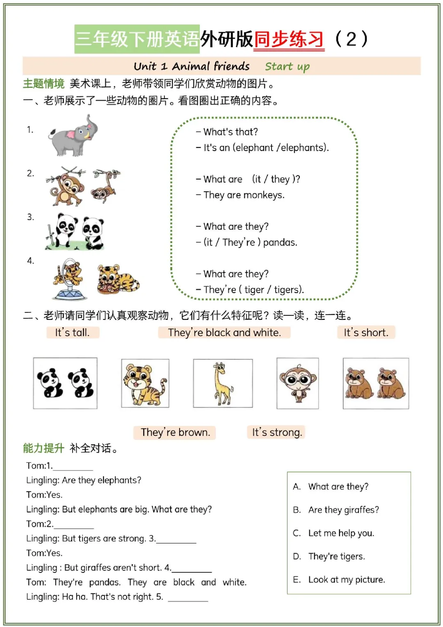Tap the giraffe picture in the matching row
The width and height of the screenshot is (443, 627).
pos(223,384)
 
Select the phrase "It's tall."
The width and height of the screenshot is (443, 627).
pos(72,332)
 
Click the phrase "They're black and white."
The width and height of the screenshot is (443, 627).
pos(224,332)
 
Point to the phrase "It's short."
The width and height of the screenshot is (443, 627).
pos(366,332)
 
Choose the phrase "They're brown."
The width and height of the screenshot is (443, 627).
pos(175,432)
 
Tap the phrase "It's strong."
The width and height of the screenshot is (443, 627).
pos(277,432)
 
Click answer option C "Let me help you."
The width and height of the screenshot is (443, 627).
pos(341,533)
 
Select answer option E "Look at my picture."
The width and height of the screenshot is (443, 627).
pos(347,579)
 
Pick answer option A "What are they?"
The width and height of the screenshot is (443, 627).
pos(338,487)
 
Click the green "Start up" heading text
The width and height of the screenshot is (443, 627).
pos(287,66)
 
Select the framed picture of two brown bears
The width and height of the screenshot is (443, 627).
pos(376,384)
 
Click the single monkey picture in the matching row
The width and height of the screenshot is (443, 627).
pos(297,384)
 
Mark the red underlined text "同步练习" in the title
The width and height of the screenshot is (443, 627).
pos(289,39)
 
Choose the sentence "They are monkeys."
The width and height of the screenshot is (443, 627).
pos(244,195)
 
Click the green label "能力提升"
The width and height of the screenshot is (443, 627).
pos(43,448)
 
